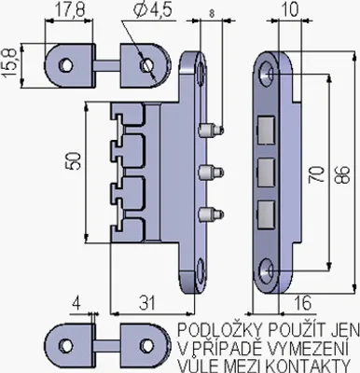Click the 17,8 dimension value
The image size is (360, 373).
[70, 10]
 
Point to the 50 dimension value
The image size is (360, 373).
[74, 160]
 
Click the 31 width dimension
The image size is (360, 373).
[147, 302]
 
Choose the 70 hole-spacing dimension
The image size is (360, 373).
[317, 173]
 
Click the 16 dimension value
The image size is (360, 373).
[302, 303]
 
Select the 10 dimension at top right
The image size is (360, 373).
[290, 9]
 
